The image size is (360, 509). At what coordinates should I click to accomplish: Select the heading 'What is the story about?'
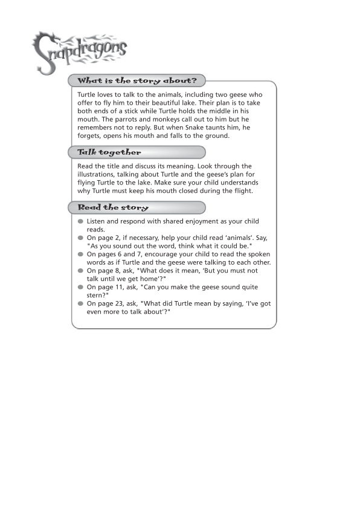tap(137, 80)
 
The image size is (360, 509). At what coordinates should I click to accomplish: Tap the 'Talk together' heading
tap(109, 152)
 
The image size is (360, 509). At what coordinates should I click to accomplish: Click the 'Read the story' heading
tap(113, 207)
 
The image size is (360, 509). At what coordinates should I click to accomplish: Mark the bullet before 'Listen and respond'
tap(81, 222)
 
